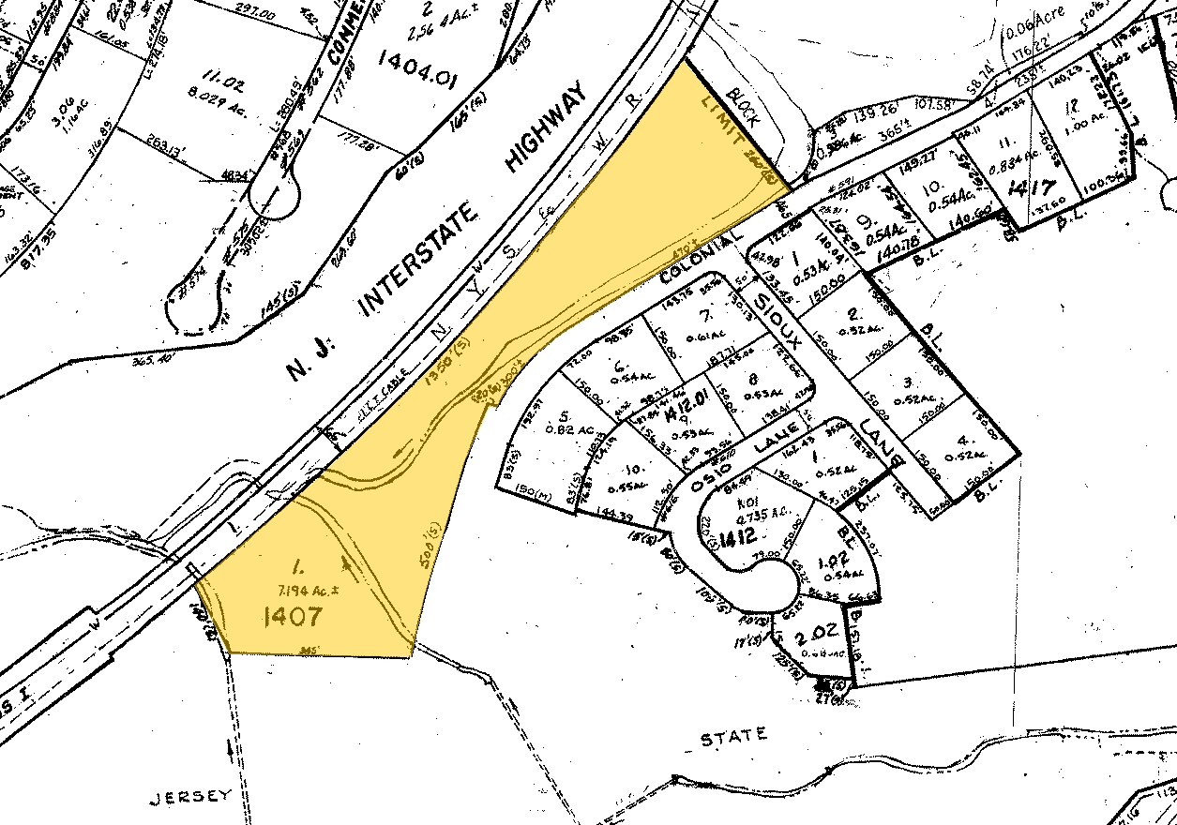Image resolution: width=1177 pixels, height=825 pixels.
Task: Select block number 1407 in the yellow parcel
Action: pyautogui.click(x=294, y=617)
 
